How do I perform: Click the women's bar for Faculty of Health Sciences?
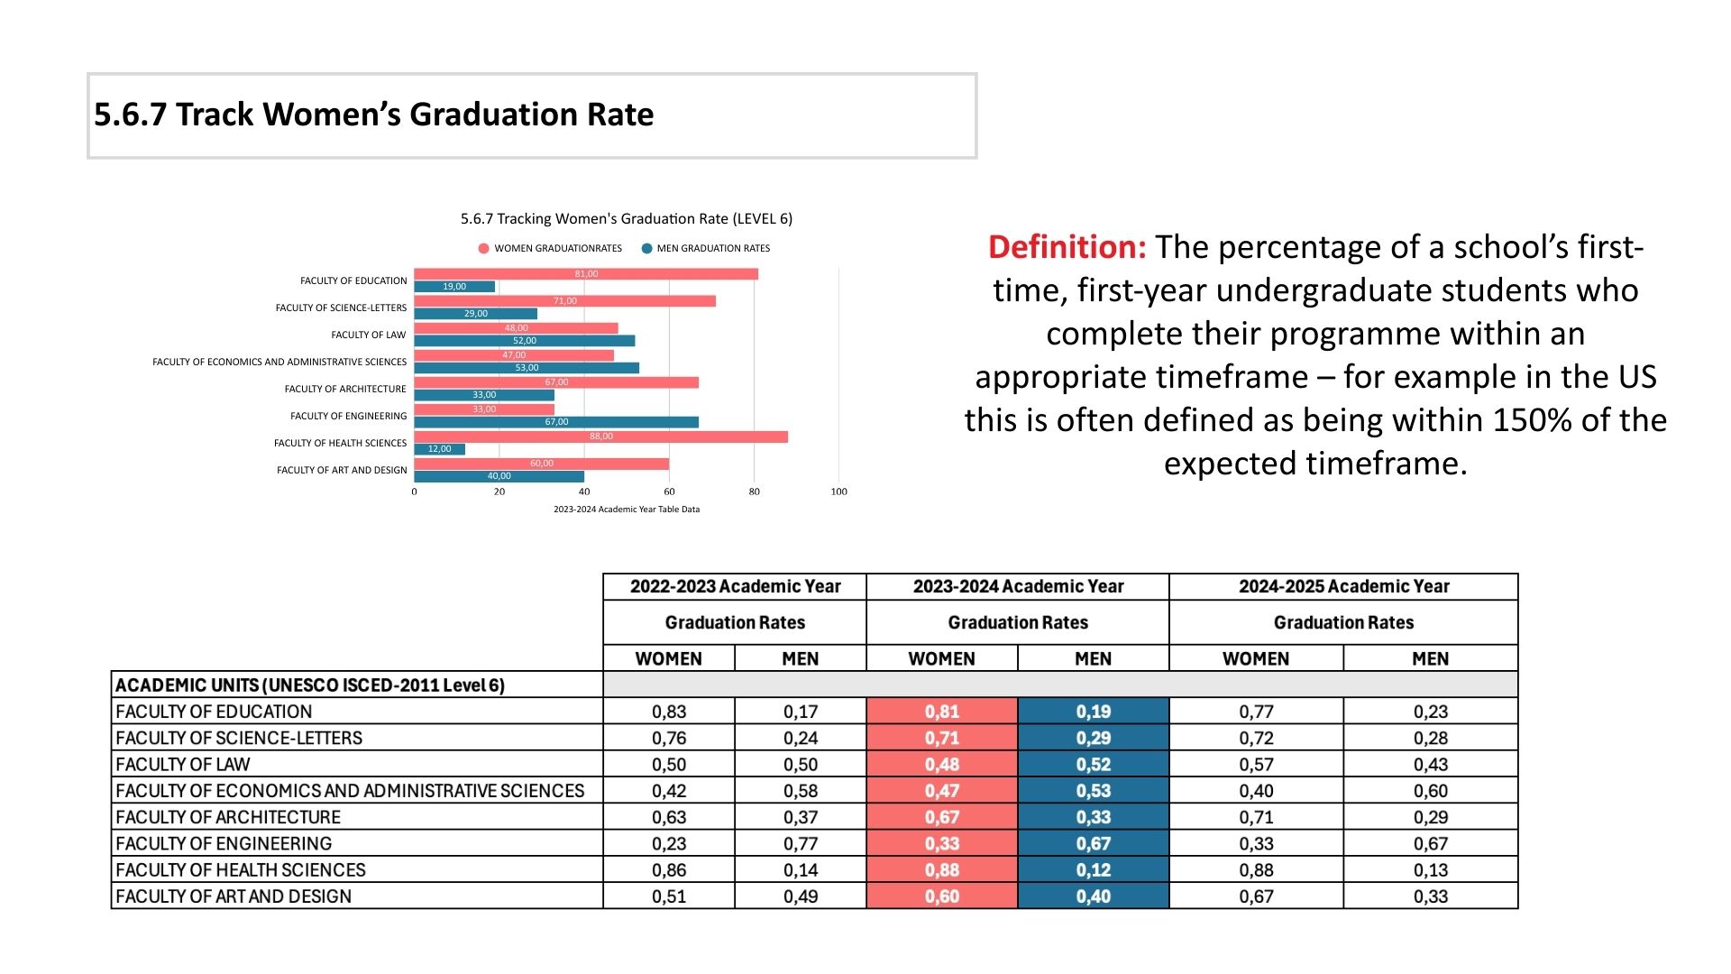(x=600, y=436)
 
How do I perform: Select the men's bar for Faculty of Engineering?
(x=556, y=422)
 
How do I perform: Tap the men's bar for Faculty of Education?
(x=454, y=287)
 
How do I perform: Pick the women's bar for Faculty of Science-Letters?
(x=564, y=301)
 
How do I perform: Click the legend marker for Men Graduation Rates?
(x=646, y=249)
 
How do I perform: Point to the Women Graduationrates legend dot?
(x=484, y=249)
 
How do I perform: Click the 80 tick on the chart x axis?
(x=754, y=492)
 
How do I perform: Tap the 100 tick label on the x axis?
(x=838, y=492)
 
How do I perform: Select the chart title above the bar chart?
(x=627, y=219)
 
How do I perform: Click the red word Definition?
(x=1067, y=247)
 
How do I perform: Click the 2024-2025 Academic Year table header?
(x=1343, y=586)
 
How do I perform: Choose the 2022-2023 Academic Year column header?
(x=735, y=586)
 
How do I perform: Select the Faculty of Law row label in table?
(x=183, y=765)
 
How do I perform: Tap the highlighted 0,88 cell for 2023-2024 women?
(x=942, y=870)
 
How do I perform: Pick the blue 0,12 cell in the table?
(x=1093, y=870)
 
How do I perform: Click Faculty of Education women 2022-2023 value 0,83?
(x=669, y=712)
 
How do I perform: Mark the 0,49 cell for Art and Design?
(x=801, y=896)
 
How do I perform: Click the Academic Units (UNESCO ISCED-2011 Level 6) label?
(x=310, y=685)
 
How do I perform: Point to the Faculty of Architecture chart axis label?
(x=345, y=390)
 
